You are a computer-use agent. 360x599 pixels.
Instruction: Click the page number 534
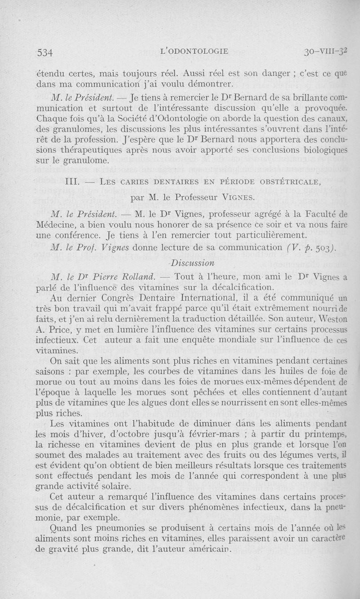tap(45, 52)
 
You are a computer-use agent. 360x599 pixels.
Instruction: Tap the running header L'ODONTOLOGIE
tap(194, 51)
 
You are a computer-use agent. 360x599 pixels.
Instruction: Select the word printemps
tap(320, 435)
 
